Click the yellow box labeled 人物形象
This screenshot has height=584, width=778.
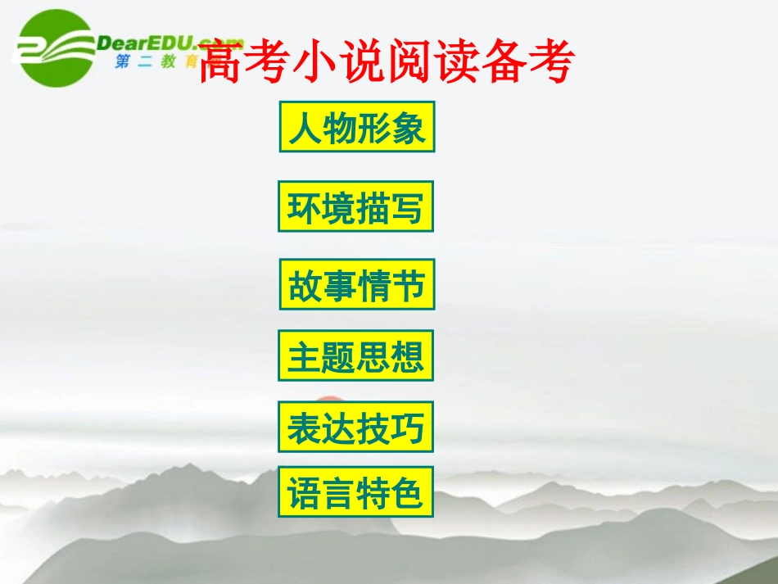[357, 127]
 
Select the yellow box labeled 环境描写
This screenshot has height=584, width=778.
[355, 206]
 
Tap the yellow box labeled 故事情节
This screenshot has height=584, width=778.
[356, 284]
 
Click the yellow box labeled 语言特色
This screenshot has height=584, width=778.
[355, 492]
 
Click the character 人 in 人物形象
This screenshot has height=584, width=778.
[304, 128]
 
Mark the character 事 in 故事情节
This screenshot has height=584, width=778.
[339, 285]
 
